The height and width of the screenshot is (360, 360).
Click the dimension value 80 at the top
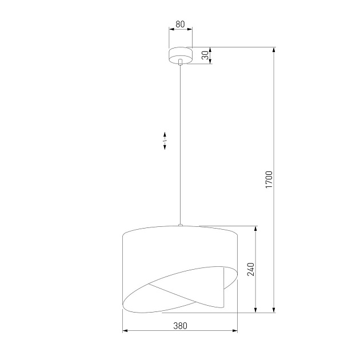180,24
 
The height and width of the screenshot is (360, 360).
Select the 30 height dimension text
205,55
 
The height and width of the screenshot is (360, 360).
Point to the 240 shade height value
250,269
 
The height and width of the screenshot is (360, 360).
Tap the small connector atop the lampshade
181,226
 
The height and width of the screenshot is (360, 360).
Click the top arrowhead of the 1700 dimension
275,50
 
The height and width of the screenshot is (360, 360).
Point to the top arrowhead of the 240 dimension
256,229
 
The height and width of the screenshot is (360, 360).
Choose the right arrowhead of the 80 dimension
190,31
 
